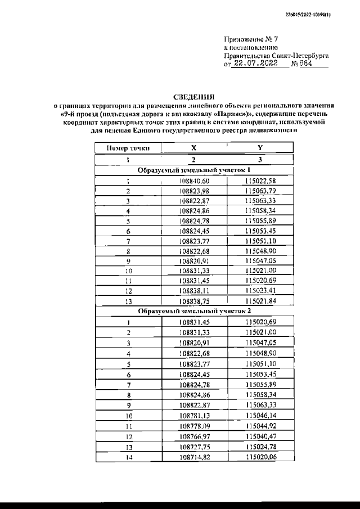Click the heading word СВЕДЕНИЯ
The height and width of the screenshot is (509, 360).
pyautogui.click(x=193, y=97)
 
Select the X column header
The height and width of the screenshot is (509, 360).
pyautogui.click(x=193, y=148)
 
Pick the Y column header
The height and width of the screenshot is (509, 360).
pyautogui.click(x=259, y=148)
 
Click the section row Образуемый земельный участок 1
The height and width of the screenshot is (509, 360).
pyautogui.click(x=193, y=170)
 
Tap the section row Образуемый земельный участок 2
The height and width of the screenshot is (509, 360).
pyautogui.click(x=193, y=310)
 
